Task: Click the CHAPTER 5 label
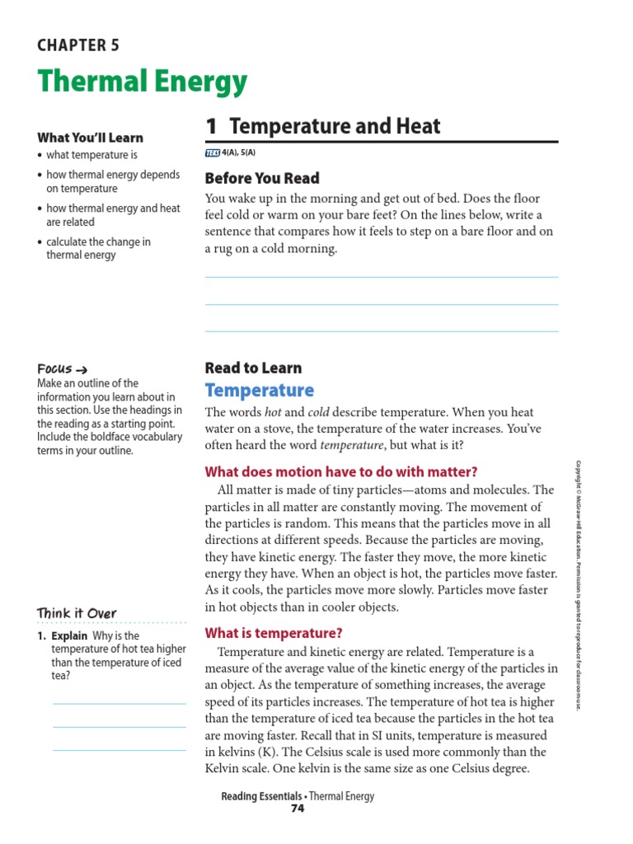(x=78, y=45)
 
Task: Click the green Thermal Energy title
(x=142, y=82)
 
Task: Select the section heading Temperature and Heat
(x=323, y=126)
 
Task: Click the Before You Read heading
(x=261, y=178)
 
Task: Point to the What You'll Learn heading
(x=90, y=138)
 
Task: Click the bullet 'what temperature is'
(x=91, y=155)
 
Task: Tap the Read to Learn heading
(x=253, y=368)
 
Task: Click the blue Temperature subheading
(x=259, y=391)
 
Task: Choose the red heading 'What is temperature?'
(x=273, y=633)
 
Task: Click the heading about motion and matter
(x=340, y=471)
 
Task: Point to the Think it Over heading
(x=77, y=613)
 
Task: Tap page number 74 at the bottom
(x=298, y=809)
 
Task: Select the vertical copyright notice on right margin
(x=579, y=585)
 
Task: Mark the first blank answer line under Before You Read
(x=381, y=277)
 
